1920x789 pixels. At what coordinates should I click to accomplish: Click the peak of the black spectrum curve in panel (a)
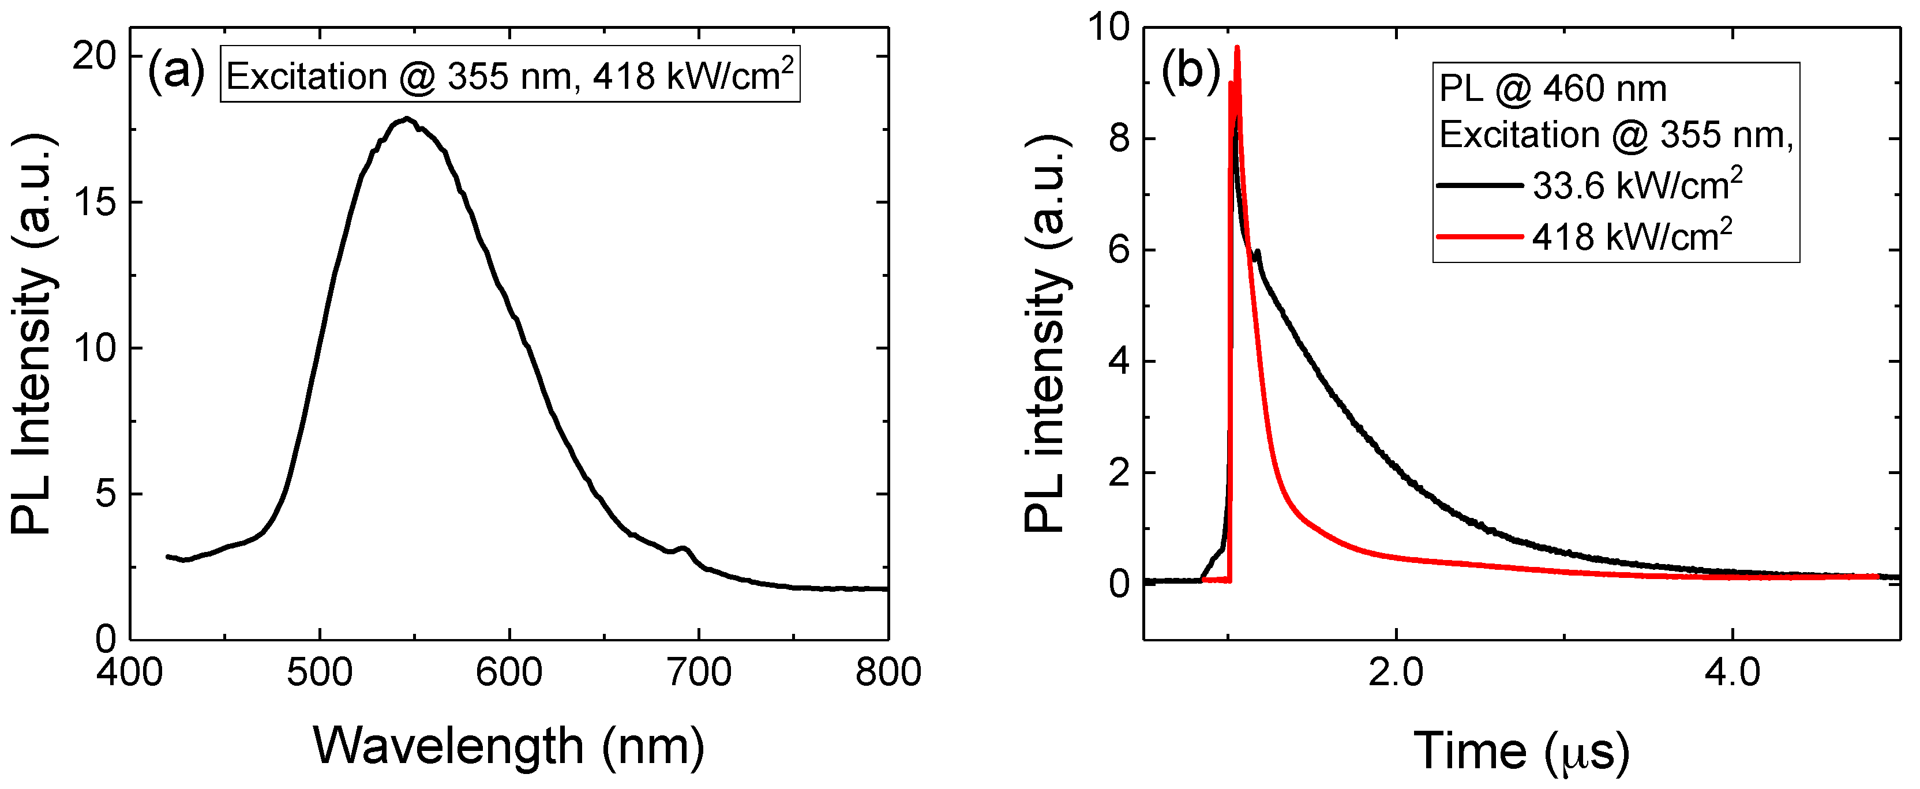(x=406, y=118)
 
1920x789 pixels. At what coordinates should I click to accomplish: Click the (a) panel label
(x=176, y=72)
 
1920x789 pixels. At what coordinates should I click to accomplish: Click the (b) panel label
(x=1190, y=72)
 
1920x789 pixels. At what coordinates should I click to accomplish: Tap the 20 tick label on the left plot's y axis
(x=95, y=57)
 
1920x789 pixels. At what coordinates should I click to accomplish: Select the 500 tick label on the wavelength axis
(x=320, y=672)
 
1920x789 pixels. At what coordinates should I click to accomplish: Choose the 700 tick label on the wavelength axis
(x=699, y=672)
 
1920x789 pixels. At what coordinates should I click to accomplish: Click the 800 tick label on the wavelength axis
(x=888, y=672)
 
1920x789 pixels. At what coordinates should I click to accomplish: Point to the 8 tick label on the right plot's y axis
(x=1119, y=138)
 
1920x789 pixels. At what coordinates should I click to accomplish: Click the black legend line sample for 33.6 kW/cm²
(x=1479, y=185)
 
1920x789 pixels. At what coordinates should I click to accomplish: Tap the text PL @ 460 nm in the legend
(x=1552, y=89)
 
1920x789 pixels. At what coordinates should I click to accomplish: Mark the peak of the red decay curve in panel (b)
(x=1237, y=48)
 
